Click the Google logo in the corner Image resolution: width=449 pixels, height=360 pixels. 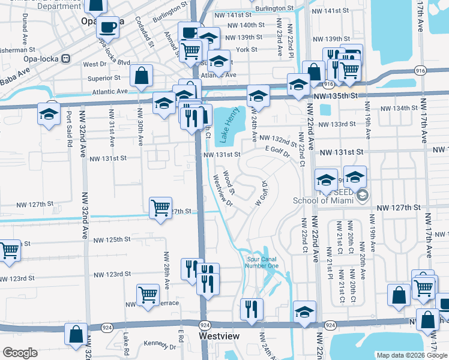(19, 353)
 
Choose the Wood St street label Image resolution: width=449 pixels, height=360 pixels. (229, 178)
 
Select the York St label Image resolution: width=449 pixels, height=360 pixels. (246, 50)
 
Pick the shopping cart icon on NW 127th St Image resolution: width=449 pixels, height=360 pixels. (160, 208)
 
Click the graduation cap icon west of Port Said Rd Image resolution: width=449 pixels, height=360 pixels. (49, 113)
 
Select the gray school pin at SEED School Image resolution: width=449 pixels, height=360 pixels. (362, 196)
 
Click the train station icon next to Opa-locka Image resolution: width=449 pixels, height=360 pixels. (65, 59)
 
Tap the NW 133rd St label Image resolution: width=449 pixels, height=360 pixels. (348, 124)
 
